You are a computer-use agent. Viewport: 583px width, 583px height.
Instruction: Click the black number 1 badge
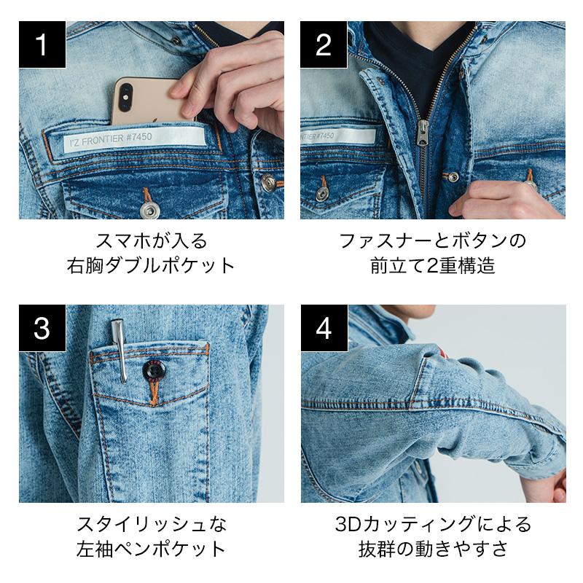(x=42, y=44)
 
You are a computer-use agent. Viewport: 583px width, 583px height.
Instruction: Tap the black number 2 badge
(x=324, y=44)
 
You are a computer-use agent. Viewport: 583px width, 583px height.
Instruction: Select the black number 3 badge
(x=42, y=328)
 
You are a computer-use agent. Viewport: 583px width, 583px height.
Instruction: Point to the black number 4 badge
(x=324, y=328)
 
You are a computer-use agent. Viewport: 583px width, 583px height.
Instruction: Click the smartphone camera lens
(x=125, y=97)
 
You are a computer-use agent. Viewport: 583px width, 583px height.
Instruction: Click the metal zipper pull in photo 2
(x=422, y=133)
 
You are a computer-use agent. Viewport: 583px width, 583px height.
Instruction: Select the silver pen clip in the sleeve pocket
(x=120, y=351)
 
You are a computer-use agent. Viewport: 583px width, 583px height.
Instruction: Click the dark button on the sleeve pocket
(x=154, y=370)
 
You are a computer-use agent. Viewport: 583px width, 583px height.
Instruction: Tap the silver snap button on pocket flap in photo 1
(x=150, y=210)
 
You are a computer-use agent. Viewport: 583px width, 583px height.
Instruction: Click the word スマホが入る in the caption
(x=152, y=241)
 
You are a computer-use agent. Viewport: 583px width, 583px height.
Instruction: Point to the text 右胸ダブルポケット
(x=151, y=265)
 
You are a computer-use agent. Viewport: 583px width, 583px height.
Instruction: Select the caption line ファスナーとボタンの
(x=433, y=241)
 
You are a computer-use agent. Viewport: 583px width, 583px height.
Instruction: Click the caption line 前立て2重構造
(x=433, y=265)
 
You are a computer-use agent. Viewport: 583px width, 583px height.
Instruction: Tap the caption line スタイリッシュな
(x=152, y=525)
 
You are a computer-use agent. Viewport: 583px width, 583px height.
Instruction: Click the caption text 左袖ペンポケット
(x=152, y=549)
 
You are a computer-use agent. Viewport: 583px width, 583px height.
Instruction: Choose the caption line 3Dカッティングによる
(x=433, y=525)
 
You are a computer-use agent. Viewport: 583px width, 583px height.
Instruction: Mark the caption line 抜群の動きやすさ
(x=433, y=549)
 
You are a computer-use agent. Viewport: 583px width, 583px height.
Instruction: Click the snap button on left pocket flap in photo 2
(x=322, y=193)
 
